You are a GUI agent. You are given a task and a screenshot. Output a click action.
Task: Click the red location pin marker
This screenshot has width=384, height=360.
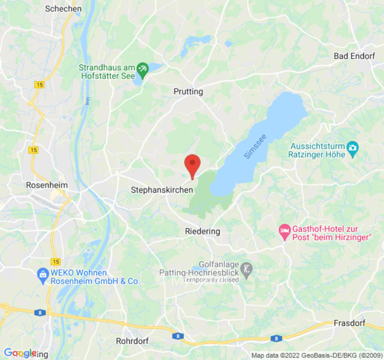193,165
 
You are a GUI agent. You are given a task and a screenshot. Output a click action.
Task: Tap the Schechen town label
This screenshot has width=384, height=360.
63,9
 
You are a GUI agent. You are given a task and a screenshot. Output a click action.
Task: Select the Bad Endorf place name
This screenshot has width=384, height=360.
354,56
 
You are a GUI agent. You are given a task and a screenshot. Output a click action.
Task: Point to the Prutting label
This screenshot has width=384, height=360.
188,92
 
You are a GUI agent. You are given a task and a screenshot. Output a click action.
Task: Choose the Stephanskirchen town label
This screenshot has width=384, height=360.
162,190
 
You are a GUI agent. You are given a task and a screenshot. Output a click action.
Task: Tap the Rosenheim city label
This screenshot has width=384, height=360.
47,185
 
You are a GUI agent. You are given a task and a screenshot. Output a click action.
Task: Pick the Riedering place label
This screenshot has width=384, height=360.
203,231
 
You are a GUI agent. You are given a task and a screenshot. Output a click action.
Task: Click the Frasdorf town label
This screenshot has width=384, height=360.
349,324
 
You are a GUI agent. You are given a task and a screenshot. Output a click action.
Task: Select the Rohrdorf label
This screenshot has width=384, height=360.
132,341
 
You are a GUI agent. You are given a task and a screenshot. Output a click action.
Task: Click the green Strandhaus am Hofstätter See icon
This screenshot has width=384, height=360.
142,68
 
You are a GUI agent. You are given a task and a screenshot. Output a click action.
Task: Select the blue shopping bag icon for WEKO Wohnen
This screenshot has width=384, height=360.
43,273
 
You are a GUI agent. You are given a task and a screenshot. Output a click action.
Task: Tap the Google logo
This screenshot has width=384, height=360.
20,353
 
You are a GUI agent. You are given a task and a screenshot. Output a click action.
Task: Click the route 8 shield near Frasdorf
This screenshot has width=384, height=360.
276,338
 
